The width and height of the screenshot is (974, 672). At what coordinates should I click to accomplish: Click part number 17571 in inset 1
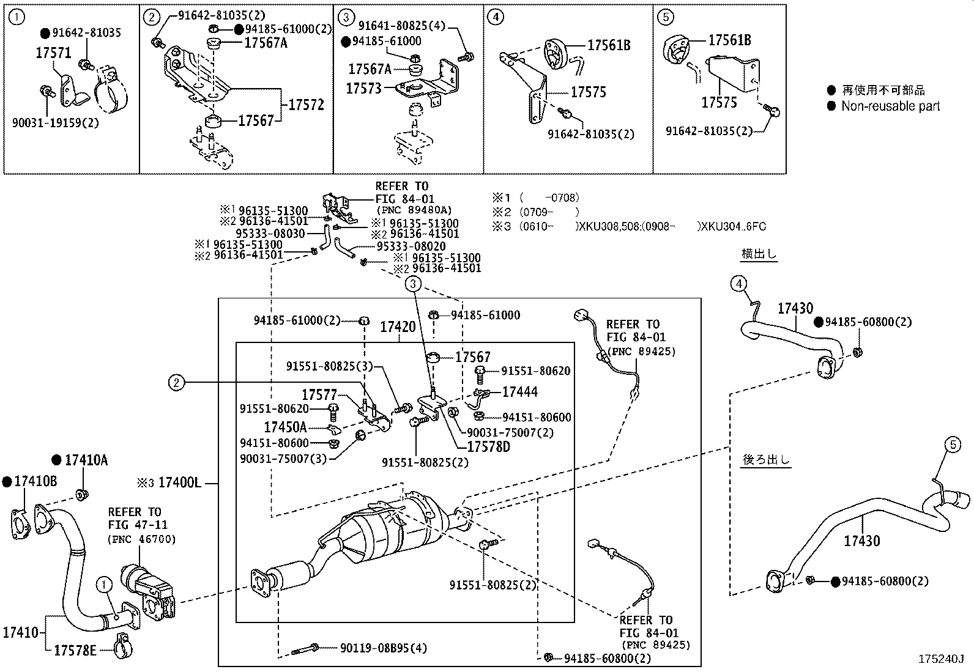tap(53, 53)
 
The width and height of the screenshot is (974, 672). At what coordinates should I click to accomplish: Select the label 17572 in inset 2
tap(306, 105)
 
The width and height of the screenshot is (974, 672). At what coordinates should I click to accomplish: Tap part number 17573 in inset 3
tap(363, 89)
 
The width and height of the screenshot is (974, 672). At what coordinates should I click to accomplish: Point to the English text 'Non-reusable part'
tap(890, 106)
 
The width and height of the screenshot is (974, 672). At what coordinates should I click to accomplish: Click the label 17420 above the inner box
tap(398, 327)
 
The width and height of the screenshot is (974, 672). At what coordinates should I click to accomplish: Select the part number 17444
tap(520, 392)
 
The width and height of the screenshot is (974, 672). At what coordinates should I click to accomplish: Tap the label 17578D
tap(488, 447)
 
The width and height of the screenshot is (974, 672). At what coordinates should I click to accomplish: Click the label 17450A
tap(285, 427)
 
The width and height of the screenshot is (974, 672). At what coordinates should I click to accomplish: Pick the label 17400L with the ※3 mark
tap(179, 483)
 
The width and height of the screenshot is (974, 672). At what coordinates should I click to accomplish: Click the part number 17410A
tap(86, 460)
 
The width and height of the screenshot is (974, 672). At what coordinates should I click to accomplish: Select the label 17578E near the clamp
tap(75, 650)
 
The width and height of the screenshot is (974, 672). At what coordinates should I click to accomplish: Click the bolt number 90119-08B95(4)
tap(384, 647)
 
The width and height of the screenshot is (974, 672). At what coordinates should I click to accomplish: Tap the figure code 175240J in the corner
tap(940, 659)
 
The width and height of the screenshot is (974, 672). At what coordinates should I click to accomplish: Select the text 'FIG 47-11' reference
tap(138, 525)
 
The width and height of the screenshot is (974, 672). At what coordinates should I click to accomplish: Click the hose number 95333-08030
tap(270, 233)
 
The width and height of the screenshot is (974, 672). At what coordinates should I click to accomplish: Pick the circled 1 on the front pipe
tap(105, 586)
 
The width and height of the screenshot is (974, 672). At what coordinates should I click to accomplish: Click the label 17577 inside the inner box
tap(319, 395)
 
